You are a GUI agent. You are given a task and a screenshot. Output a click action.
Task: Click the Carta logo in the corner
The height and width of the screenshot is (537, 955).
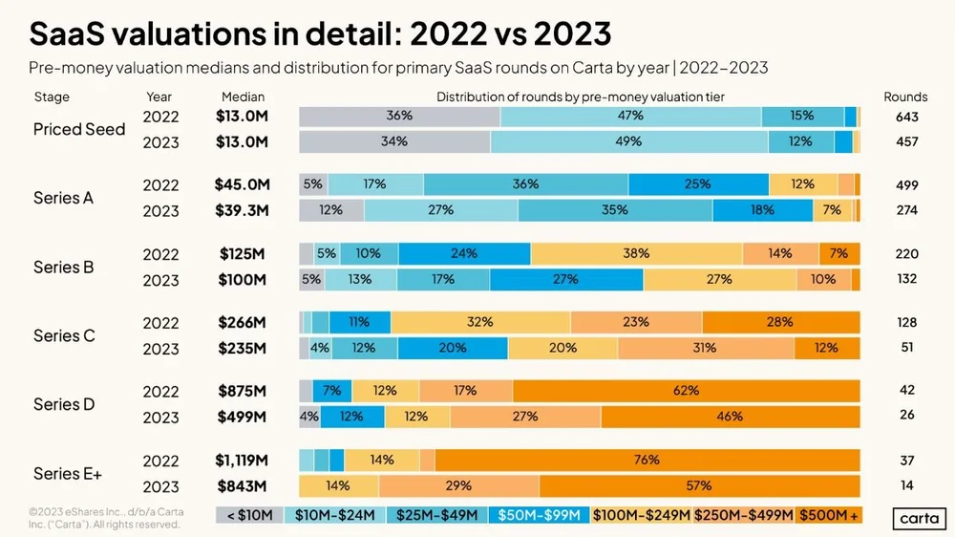918,519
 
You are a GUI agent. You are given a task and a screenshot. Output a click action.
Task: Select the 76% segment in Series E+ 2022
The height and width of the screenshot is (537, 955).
647,460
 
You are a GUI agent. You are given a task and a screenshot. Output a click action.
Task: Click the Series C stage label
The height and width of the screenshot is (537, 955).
63,335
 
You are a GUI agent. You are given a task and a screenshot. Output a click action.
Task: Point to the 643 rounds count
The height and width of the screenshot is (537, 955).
906,117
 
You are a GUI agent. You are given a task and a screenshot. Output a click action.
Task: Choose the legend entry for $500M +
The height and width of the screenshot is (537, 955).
828,515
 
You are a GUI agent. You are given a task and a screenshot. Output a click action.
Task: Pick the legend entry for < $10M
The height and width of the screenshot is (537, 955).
250,515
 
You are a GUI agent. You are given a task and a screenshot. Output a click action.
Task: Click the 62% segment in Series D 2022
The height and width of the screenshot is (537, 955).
686,391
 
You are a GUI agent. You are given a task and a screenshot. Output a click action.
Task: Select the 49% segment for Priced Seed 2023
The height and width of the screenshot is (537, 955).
629,141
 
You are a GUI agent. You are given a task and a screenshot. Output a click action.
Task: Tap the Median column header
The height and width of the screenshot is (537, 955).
243,97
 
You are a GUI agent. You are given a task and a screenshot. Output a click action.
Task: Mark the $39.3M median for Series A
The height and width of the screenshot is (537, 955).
243,210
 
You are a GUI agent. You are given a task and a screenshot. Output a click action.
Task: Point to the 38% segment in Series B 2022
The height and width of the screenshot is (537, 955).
636,253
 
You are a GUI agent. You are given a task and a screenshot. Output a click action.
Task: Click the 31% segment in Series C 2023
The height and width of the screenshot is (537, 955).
705,348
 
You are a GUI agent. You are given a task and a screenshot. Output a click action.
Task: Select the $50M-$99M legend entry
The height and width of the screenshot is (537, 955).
540,515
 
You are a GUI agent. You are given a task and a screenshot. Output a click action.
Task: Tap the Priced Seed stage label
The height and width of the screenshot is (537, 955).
79,129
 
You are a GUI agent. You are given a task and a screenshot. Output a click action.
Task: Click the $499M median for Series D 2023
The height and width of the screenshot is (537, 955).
243,417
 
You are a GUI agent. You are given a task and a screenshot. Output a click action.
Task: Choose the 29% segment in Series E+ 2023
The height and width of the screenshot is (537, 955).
458,485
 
